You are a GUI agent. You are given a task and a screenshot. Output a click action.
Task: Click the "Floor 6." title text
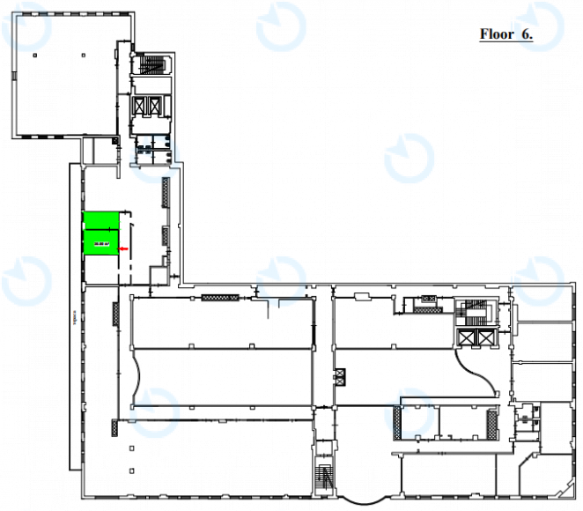click(506, 34)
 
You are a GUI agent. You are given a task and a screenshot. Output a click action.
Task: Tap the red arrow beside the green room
click(123, 250)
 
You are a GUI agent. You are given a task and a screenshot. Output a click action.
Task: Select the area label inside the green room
click(101, 242)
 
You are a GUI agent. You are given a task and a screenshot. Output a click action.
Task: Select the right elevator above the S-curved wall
click(483, 339)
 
